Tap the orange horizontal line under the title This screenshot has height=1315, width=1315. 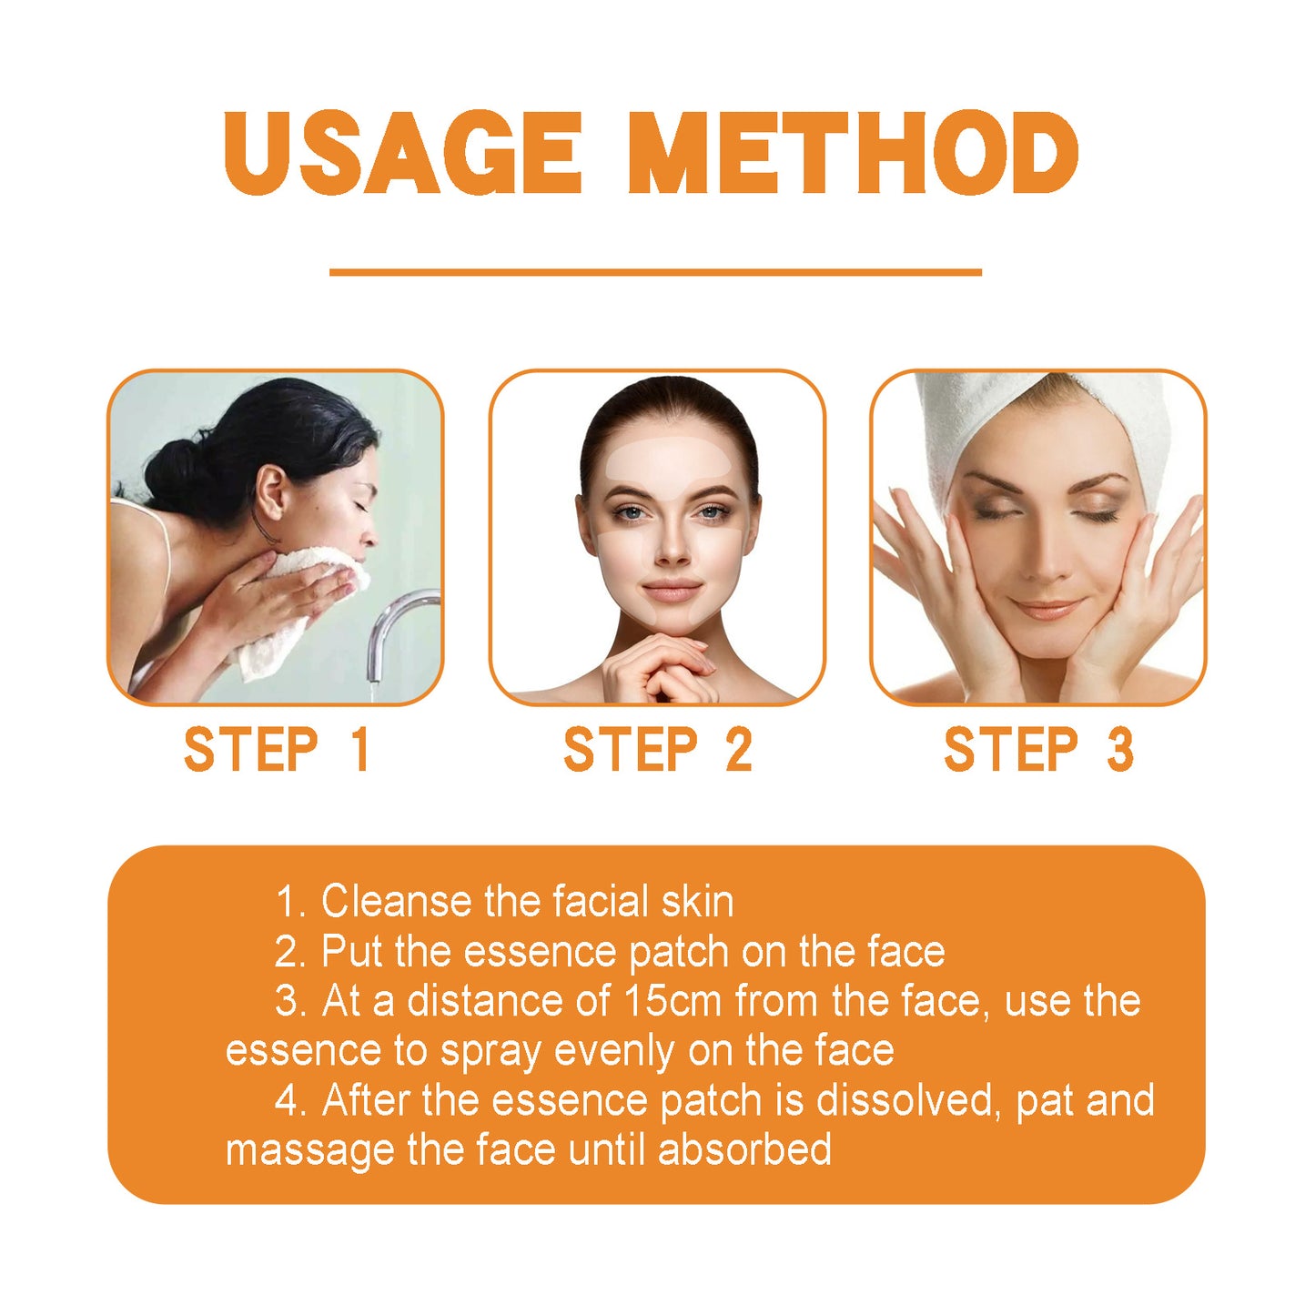click(655, 271)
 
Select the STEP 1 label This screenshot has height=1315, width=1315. click(277, 750)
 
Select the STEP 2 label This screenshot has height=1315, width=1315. click(657, 750)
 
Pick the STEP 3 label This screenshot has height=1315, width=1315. click(1038, 750)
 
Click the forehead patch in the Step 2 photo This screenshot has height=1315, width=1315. click(669, 460)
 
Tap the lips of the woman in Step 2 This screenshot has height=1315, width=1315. click(671, 591)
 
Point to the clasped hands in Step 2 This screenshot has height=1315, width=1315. click(660, 669)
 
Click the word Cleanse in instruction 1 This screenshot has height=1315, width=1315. click(397, 902)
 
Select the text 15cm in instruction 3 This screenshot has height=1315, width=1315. click(672, 1001)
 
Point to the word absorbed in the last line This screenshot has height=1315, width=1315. click(744, 1149)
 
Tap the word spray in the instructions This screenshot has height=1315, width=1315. click(491, 1052)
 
